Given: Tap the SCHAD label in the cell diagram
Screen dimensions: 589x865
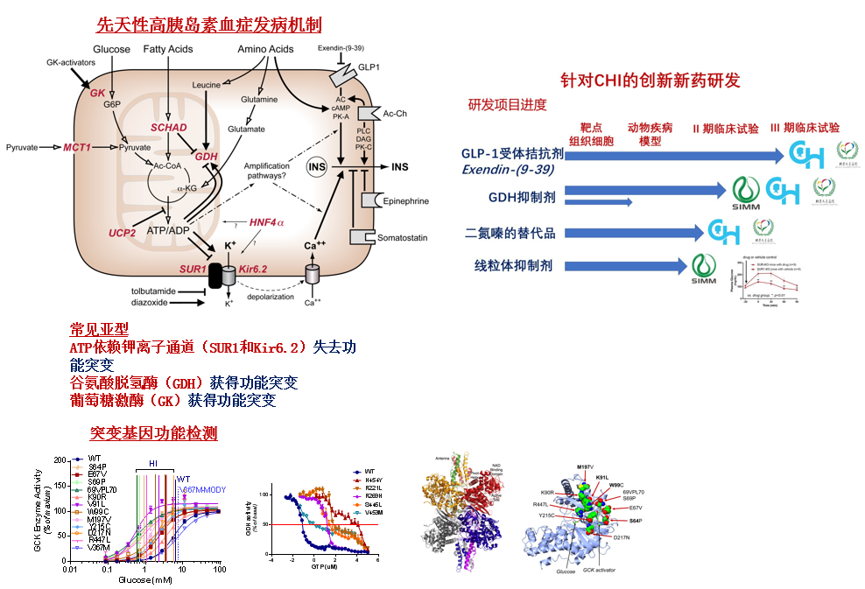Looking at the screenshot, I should [x=169, y=127].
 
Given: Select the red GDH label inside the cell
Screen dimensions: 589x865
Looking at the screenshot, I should [x=206, y=157].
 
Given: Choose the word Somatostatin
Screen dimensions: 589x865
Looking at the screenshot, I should [x=405, y=237].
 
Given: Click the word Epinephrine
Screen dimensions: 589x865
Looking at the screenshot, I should [x=406, y=201].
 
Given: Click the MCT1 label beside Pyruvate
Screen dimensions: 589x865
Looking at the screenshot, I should [x=77, y=148].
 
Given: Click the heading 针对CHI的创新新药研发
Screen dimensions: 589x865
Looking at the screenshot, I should [x=651, y=81].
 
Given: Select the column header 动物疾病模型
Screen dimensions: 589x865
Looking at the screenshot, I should [x=650, y=134].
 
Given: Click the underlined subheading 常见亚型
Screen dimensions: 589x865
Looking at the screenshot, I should [x=99, y=330].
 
